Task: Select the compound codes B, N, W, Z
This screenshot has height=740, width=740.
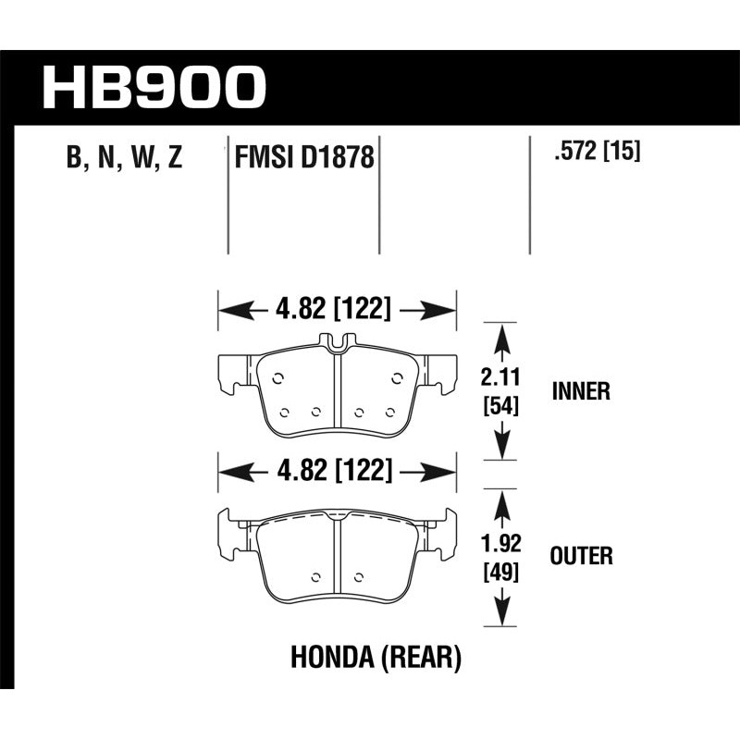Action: click(125, 158)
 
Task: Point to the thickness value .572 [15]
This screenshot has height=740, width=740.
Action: click(596, 151)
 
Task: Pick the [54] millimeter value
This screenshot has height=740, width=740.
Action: click(500, 404)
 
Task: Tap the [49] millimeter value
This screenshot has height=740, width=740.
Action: click(500, 571)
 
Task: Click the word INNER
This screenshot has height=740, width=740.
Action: click(581, 390)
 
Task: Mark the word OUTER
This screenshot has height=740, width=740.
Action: click(581, 556)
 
